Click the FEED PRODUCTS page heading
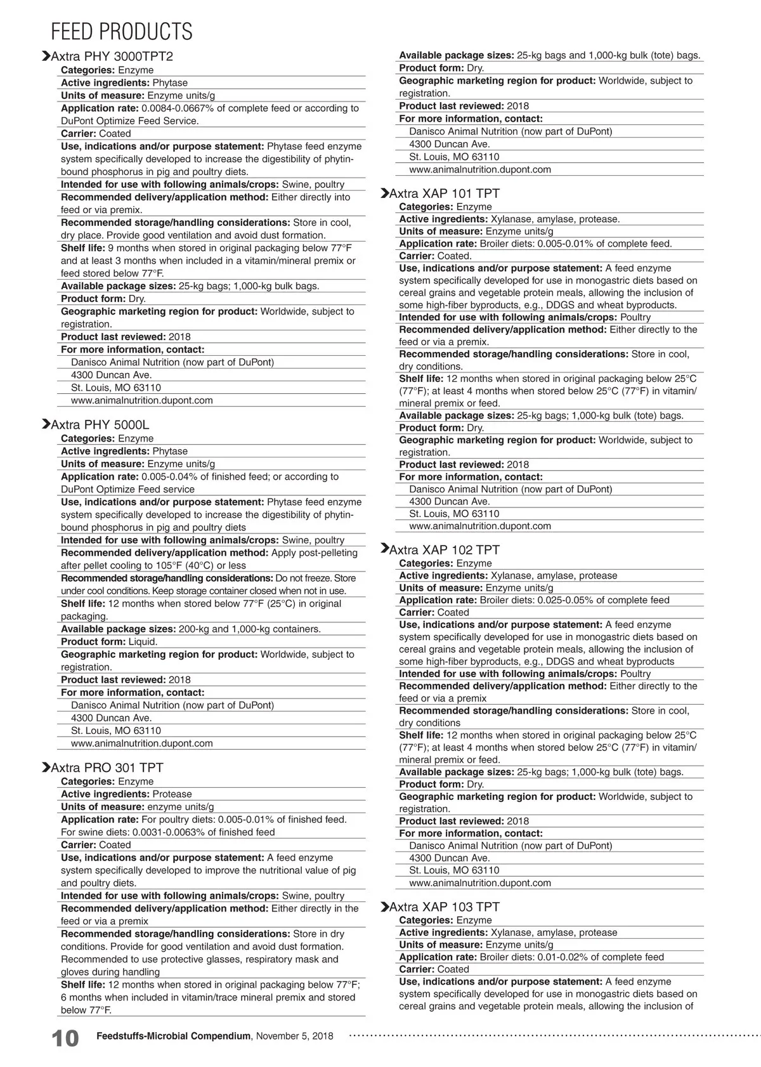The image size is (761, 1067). point(121,32)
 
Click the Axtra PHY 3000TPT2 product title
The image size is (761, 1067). point(112,56)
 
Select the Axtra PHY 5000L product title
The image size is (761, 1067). point(100,425)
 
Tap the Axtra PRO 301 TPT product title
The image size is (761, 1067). point(107,768)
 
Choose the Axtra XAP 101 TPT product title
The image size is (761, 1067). point(444,193)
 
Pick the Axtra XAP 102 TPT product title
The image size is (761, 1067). point(444,550)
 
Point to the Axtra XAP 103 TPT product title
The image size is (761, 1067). point(444,907)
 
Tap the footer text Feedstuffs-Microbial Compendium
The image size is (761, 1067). point(173,1037)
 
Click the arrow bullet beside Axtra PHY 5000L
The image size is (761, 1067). point(45,424)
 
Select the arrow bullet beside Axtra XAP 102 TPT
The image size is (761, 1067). point(384,549)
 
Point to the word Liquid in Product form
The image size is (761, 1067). point(143,642)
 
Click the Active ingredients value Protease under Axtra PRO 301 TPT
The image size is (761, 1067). point(172,794)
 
